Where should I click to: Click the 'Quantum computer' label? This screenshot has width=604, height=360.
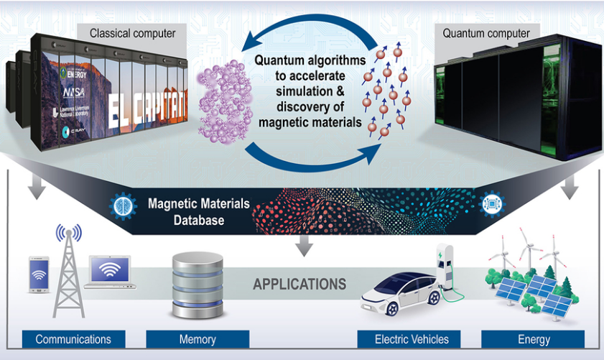click(486, 33)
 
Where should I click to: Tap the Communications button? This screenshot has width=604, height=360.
click(73, 339)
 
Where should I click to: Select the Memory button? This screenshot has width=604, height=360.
click(198, 339)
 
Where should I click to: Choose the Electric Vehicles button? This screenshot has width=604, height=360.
click(412, 339)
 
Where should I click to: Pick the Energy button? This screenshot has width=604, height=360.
click(533, 339)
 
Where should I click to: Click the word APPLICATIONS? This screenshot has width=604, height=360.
click(299, 284)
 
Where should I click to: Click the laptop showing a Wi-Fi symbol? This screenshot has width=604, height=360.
click(110, 272)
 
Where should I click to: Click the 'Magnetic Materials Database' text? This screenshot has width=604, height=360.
click(199, 210)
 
